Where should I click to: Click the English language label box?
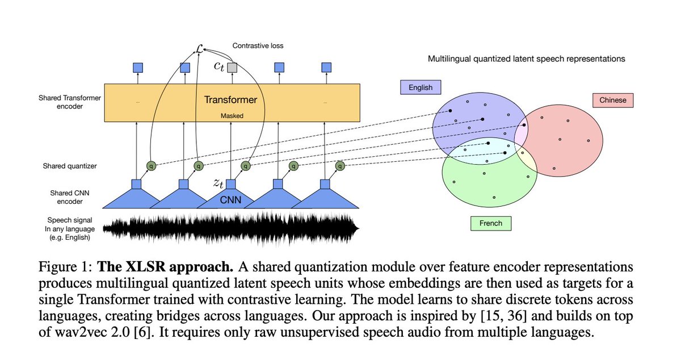421,87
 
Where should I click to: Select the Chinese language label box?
612,100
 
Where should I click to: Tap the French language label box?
491,223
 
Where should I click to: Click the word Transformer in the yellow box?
230,101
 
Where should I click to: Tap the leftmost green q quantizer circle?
151,166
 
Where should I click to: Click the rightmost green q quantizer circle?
340,166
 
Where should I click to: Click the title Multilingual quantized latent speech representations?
526,58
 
